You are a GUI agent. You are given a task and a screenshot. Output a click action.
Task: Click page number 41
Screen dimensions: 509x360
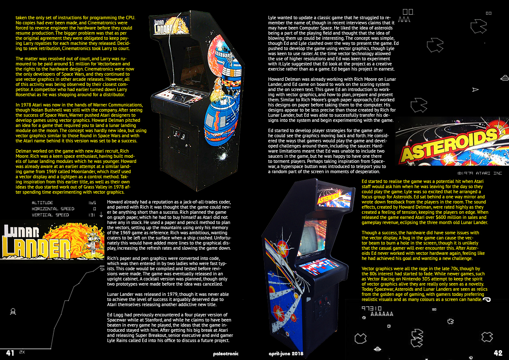point(10,353)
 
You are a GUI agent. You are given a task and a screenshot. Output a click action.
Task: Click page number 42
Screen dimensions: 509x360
point(498,353)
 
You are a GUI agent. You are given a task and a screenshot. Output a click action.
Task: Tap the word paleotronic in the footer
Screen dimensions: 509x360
point(226,354)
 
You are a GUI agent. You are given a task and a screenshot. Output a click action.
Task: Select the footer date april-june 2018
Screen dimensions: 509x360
point(286,354)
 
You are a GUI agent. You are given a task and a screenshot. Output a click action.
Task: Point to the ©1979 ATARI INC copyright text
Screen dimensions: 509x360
point(480,173)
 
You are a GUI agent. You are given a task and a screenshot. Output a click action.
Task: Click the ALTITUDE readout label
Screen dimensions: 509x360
point(42,203)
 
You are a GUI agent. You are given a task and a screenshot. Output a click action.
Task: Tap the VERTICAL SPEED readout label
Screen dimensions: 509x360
point(50,215)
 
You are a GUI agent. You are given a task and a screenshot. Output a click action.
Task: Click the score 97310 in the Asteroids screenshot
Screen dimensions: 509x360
point(372,308)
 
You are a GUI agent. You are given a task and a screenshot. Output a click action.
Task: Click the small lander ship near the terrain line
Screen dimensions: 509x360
point(13,312)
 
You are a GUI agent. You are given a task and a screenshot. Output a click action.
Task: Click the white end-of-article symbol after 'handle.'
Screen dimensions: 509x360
point(487,300)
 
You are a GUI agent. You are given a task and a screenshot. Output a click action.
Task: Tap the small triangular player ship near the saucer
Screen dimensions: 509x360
point(475,90)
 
